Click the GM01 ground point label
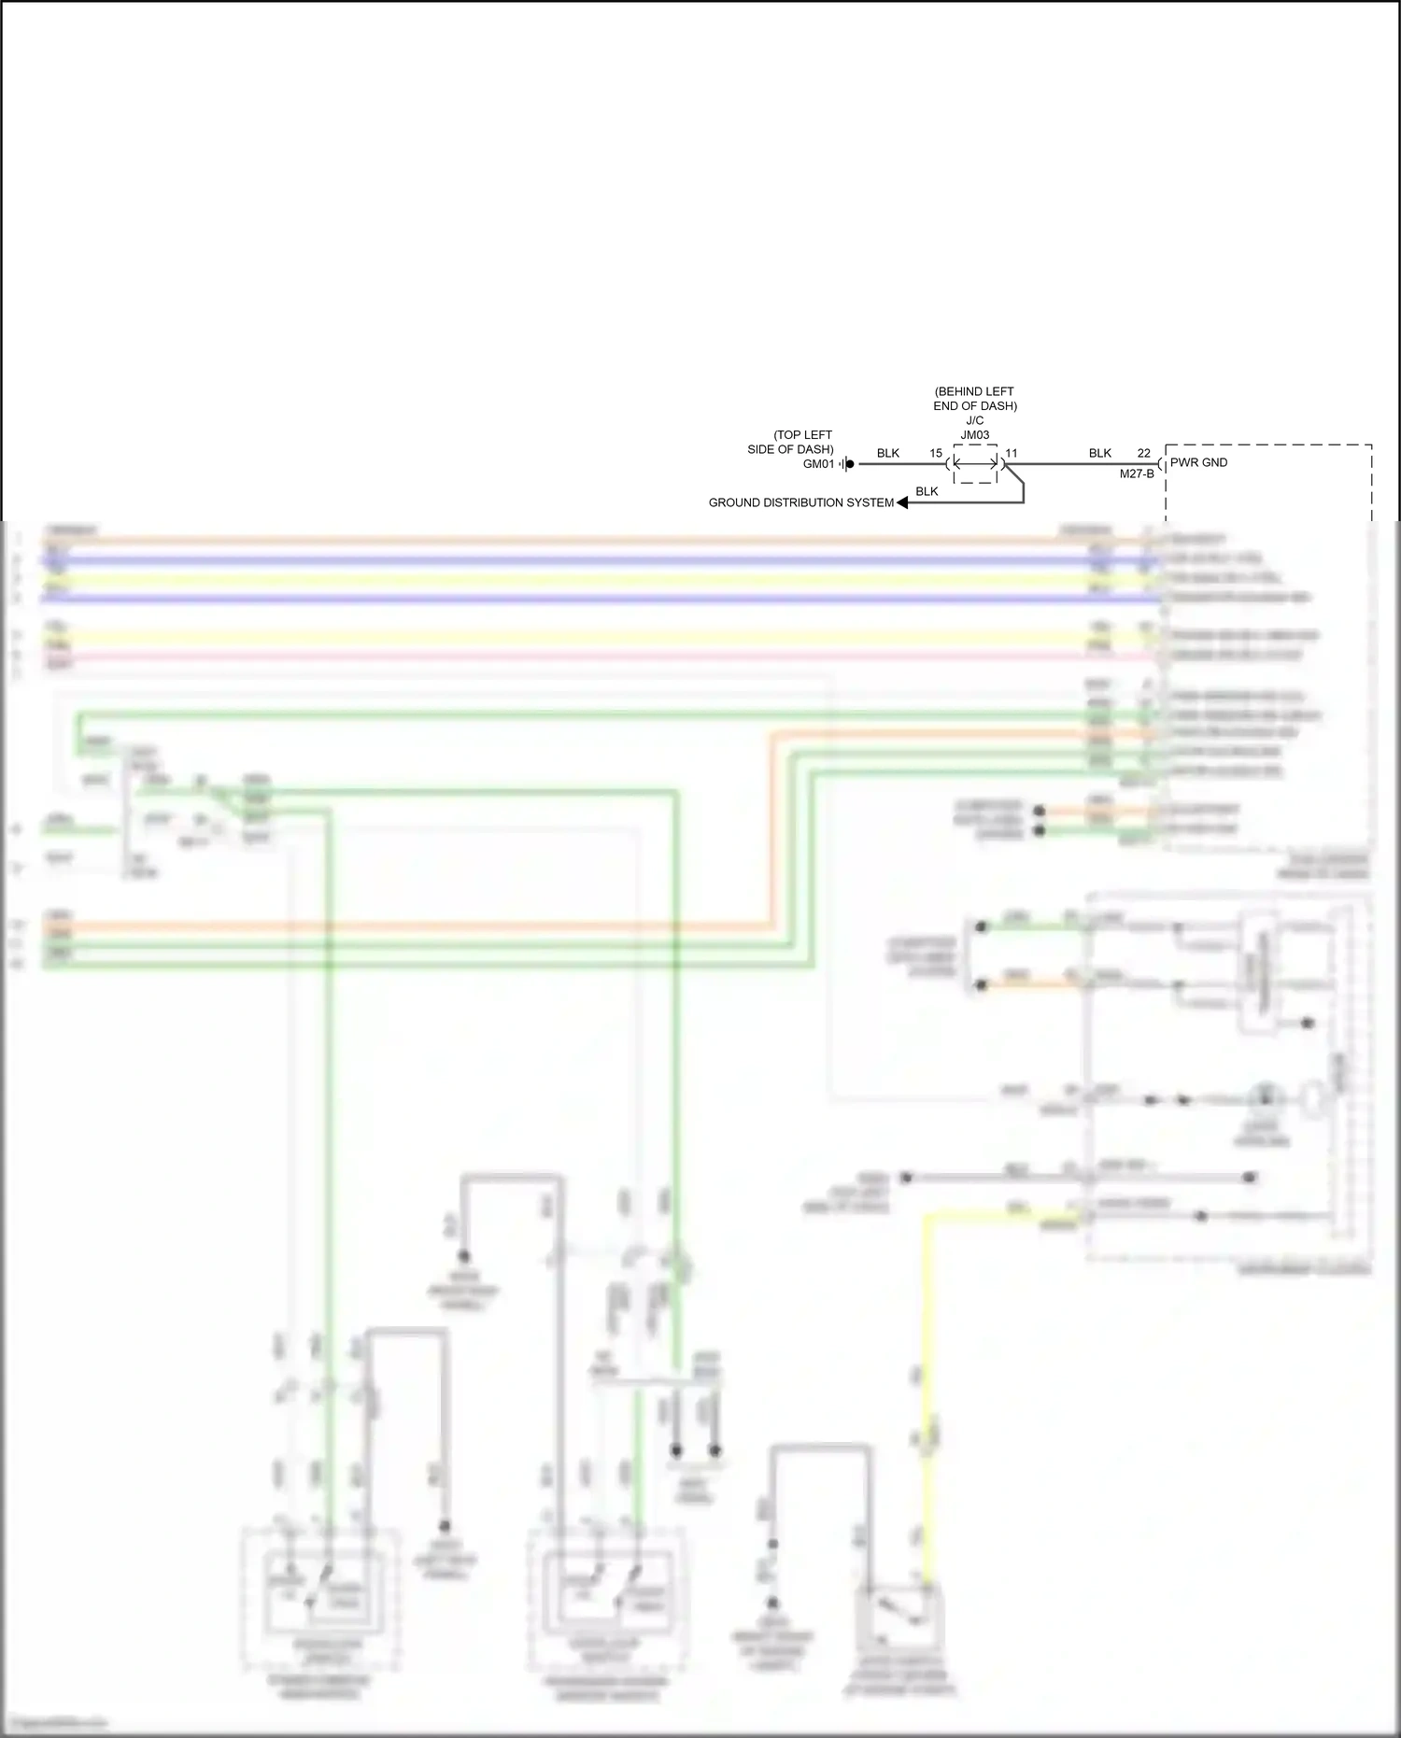(818, 464)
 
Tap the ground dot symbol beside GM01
(849, 464)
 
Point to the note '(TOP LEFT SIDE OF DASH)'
(790, 442)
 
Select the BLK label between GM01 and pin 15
(888, 453)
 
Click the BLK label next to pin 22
(1100, 453)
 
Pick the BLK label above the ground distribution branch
(927, 491)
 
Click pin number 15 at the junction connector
(936, 453)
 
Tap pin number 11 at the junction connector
(1012, 453)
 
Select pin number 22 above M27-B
(1144, 453)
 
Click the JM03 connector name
(975, 435)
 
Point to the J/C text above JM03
(975, 420)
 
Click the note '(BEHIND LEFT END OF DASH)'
(975, 399)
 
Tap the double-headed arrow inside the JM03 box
(975, 463)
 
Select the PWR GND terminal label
(1199, 462)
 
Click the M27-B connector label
(1137, 474)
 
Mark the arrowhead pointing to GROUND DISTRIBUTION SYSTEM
(902, 502)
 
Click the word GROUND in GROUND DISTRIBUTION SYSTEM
(732, 502)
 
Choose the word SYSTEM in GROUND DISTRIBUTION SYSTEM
(870, 502)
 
